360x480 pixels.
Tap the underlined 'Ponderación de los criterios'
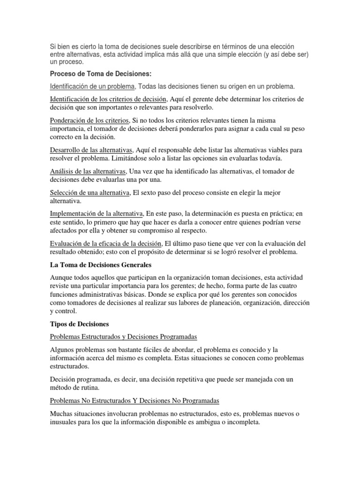(x=88, y=120)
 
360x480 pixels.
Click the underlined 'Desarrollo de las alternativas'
(x=91, y=150)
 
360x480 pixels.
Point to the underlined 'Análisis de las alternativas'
(x=88, y=172)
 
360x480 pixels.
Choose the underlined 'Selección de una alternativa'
(x=90, y=193)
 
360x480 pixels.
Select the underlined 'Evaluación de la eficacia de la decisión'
(x=105, y=244)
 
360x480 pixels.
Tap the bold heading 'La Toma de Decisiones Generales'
(x=101, y=265)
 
